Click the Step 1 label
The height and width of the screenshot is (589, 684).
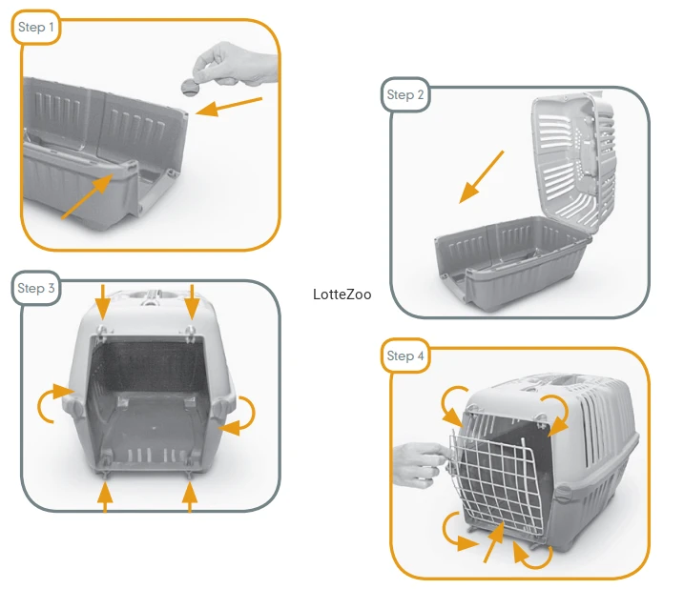35,28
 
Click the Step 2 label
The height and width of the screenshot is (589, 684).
405,95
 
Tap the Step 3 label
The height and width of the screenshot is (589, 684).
35,288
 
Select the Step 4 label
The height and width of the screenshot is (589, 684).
405,355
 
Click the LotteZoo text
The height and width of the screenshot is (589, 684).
342,294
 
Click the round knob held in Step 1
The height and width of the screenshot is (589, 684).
190,87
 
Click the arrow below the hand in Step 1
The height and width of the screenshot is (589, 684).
229,107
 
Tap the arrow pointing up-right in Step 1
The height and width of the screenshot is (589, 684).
87,196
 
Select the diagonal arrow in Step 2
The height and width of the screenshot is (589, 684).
482,177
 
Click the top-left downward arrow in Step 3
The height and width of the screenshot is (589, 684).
103,302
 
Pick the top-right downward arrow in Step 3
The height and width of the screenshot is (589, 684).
192,302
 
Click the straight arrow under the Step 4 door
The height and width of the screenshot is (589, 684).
494,542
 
